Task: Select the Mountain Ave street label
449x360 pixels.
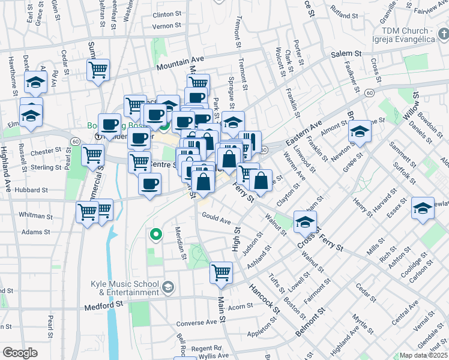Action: (x=181, y=63)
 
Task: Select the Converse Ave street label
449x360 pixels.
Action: (x=196, y=322)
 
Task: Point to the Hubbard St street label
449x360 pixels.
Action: (x=31, y=190)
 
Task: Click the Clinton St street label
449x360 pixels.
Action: (x=167, y=14)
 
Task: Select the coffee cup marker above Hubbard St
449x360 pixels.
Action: (x=149, y=183)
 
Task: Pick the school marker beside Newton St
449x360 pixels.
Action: (x=360, y=131)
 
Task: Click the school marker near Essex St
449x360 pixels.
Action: (x=423, y=208)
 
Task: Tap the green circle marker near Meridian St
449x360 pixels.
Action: (x=156, y=235)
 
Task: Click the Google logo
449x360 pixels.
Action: (x=20, y=353)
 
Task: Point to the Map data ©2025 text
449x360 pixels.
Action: (x=423, y=355)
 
